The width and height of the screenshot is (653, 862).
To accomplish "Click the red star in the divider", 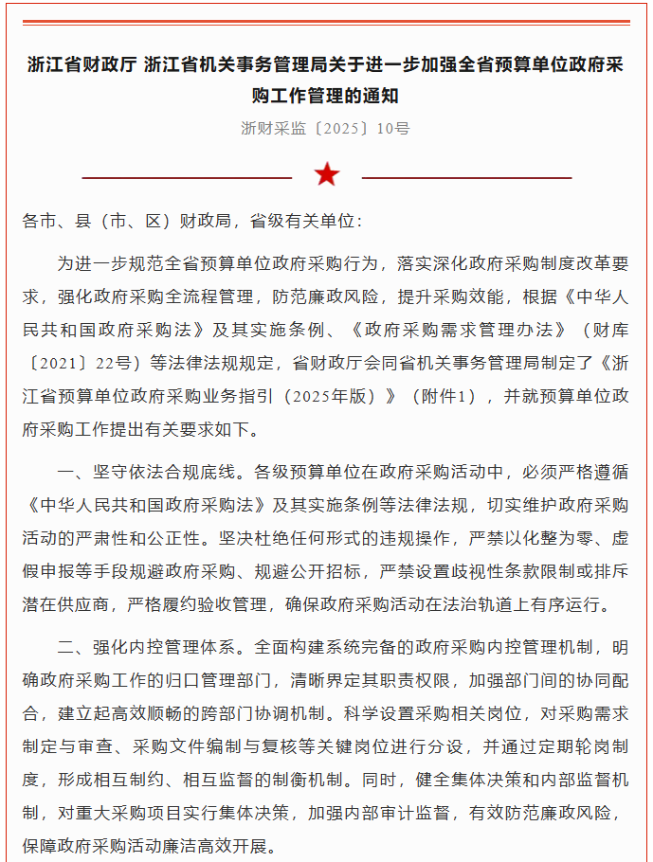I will (x=327, y=174).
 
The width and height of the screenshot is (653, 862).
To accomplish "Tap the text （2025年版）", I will (x=323, y=396).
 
